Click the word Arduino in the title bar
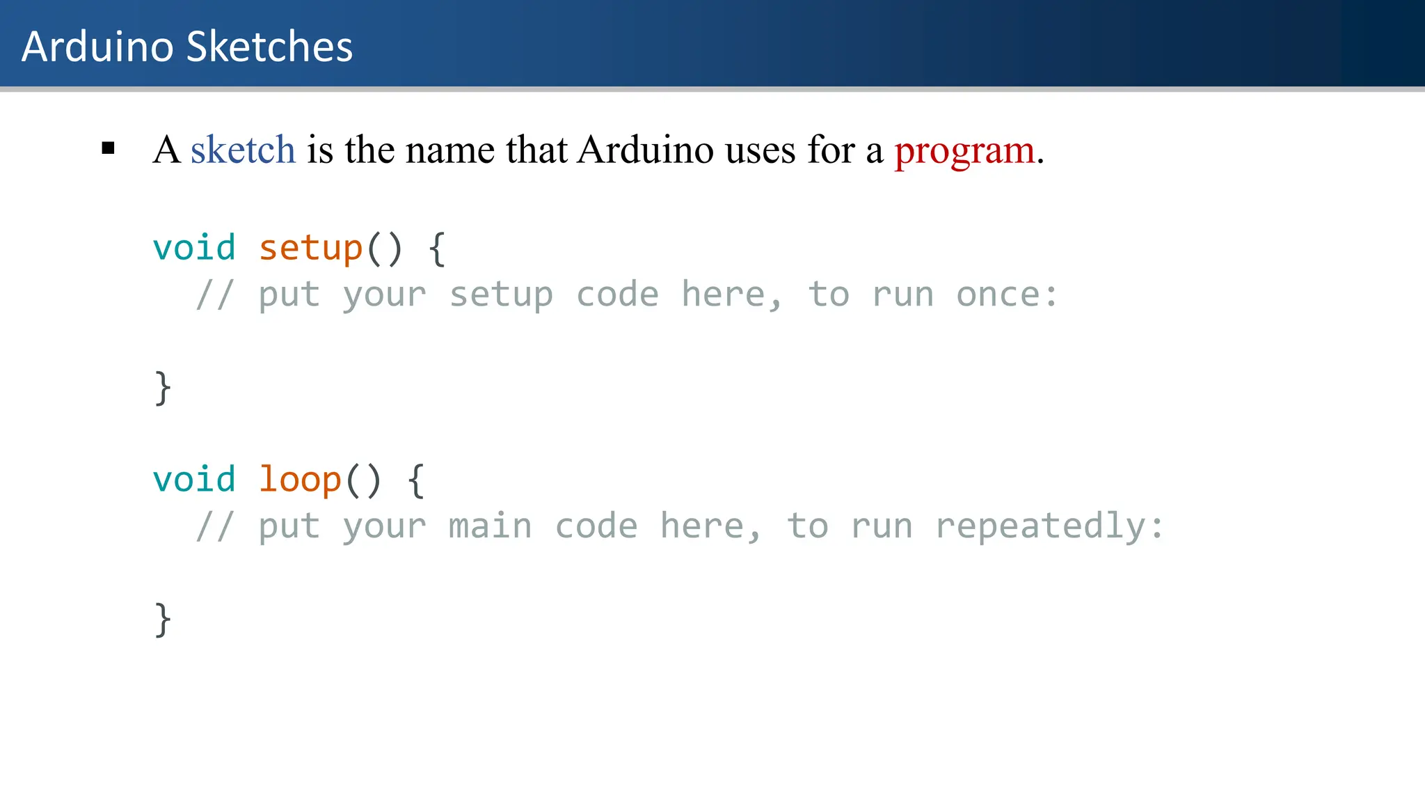point(97,47)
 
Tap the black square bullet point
point(108,148)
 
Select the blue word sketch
point(243,150)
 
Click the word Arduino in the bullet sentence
point(645,150)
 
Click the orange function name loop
point(300,480)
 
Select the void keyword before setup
point(194,248)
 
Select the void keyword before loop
point(194,480)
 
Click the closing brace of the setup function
point(162,388)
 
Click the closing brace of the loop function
point(162,620)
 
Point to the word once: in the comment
point(1006,294)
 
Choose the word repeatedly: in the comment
point(1049,526)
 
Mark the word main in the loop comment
point(490,526)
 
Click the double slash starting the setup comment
point(214,294)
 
